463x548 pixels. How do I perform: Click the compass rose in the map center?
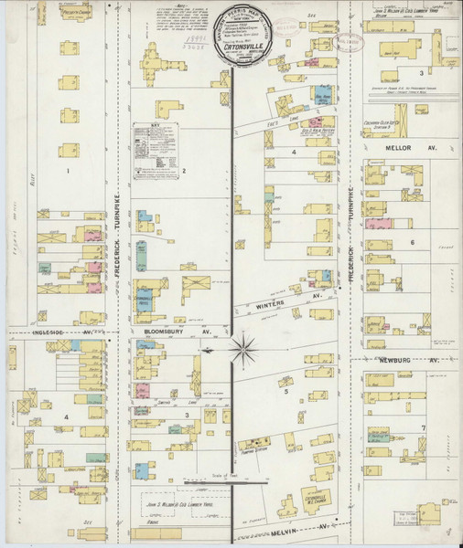(x=243, y=347)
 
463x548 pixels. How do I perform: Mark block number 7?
(x=423, y=427)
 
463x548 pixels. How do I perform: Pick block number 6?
(x=413, y=242)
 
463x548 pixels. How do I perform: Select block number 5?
(x=286, y=391)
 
